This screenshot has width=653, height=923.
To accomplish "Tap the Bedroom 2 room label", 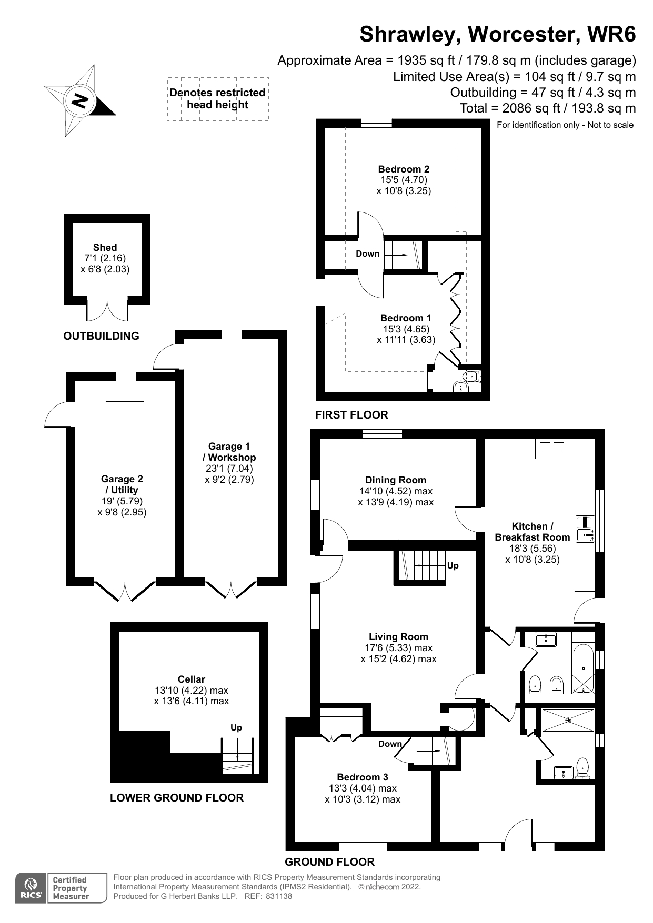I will coord(404,169).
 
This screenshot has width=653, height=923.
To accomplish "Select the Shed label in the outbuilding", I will coord(105,247).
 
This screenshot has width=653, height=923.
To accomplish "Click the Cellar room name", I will coord(191,679).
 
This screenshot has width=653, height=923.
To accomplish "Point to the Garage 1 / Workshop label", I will coord(229,452).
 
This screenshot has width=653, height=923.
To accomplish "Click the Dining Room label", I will coord(396,480).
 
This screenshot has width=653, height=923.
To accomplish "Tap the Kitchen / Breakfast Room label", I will coord(532,532).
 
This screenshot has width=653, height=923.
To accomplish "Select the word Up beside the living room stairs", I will coord(453,565).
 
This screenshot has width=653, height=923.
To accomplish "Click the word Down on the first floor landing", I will coord(367,253).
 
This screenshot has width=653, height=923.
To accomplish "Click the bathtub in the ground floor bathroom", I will coord(583,668).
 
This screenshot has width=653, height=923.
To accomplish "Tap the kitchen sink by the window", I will coord(585,529).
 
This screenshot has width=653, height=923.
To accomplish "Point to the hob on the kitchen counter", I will coord(551,448).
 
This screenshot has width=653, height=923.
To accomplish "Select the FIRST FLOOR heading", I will coord(351,414).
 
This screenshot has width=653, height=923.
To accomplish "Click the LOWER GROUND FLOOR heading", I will coord(177,798).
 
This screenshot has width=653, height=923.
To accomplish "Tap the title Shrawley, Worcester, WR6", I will coord(497,34).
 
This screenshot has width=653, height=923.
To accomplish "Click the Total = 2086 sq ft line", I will coord(547,108).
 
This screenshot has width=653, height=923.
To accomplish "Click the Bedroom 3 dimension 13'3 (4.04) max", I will coord(363,788).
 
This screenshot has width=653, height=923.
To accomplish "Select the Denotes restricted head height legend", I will coord(217,98).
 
